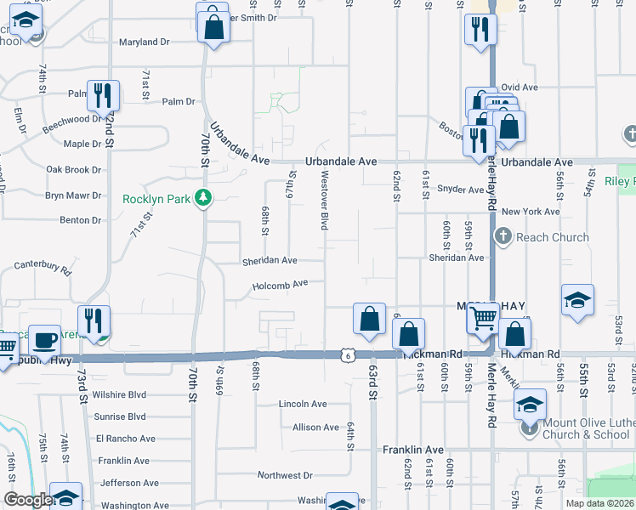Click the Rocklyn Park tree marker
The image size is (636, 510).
click(x=202, y=198)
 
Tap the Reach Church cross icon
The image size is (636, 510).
click(x=503, y=237)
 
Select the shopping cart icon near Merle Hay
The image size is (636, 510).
click(x=483, y=320)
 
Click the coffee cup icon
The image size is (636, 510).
click(x=44, y=340)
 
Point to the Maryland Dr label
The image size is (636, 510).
click(x=144, y=42)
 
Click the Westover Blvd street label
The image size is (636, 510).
click(x=324, y=199)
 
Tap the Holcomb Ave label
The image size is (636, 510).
click(x=280, y=286)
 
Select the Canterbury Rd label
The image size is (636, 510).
click(x=43, y=267)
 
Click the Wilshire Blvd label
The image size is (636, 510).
click(x=120, y=395)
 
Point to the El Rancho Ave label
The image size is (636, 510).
click(x=125, y=439)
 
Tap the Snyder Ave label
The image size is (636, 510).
click(x=460, y=190)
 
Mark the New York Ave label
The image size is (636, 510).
click(x=531, y=212)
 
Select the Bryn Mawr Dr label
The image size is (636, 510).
click(x=73, y=195)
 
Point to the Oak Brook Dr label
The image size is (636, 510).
click(x=73, y=170)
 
